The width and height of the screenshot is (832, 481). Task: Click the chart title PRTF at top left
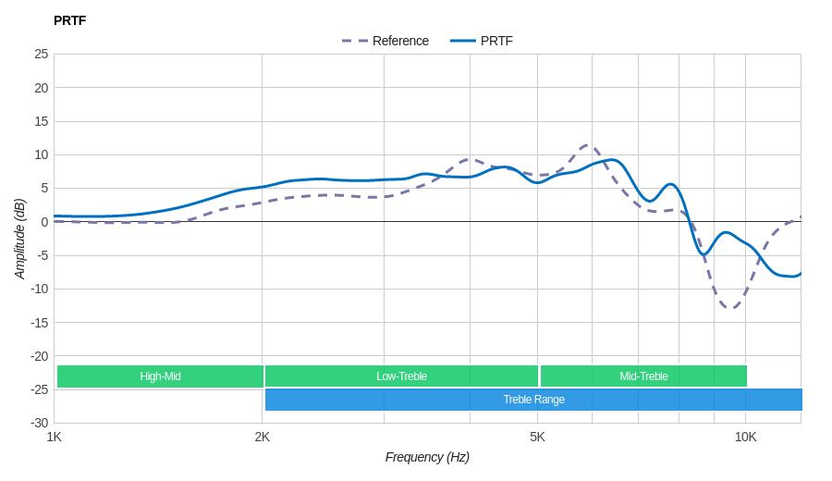69,20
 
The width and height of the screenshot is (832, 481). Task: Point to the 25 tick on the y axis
42,54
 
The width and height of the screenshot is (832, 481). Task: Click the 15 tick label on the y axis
42,121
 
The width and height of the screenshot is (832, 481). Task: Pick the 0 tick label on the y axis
44,222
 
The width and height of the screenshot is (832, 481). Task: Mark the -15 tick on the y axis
40,323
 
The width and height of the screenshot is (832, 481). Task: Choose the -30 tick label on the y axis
40,423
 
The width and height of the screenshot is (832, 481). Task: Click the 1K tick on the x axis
55,437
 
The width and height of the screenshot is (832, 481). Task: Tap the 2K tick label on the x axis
263,437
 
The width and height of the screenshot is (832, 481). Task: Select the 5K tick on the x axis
537,437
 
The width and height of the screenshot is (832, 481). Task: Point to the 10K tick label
746,437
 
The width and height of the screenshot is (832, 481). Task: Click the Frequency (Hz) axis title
427,457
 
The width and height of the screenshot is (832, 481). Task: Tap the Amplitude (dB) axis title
19,239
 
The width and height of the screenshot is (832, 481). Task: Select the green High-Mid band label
160,376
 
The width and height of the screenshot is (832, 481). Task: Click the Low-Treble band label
401,376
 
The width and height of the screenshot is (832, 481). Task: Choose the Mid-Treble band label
643,376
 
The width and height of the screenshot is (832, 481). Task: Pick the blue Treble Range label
533,400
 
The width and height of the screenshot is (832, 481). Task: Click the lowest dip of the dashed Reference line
731,308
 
